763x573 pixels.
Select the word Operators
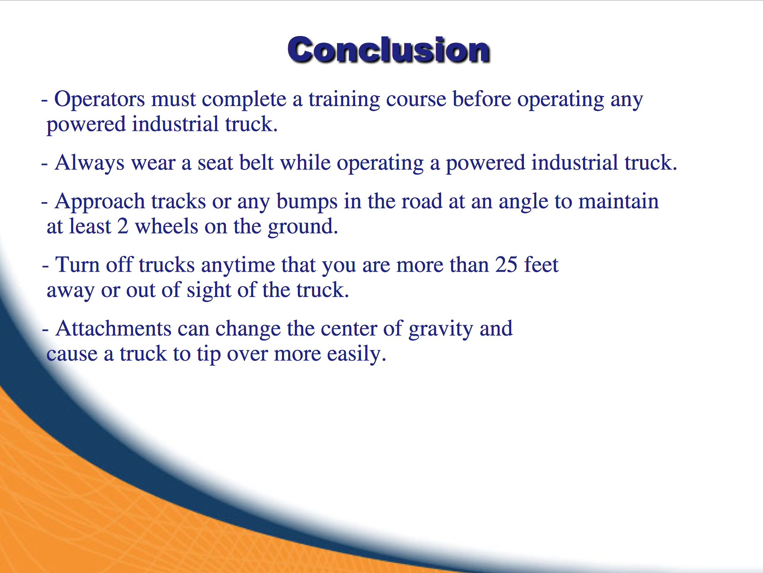tap(99, 99)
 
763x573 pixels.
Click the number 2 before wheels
tap(123, 226)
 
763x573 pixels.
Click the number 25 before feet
tap(506, 265)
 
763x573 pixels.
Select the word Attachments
tap(113, 329)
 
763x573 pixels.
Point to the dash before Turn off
tap(46, 266)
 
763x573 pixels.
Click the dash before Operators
tap(44, 100)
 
